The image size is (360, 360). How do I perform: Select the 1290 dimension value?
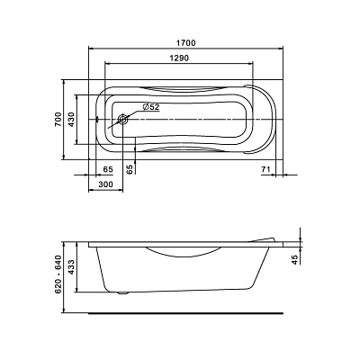click(180, 58)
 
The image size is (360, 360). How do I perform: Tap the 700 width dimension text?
click(58, 119)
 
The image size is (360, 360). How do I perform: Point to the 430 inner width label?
click(71, 119)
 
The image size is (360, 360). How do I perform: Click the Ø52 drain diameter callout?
click(151, 107)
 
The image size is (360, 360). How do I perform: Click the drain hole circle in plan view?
click(123, 120)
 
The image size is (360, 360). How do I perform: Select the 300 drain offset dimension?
click(105, 184)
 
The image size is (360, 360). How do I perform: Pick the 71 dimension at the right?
click(266, 169)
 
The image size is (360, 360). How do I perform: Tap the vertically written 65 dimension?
click(130, 169)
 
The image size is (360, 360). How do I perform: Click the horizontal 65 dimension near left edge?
click(108, 169)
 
